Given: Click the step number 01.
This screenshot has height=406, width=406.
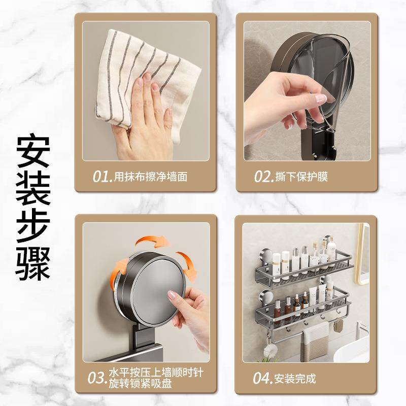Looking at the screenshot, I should pyautogui.click(x=102, y=177).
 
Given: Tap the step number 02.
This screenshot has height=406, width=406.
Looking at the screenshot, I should pyautogui.click(x=264, y=177).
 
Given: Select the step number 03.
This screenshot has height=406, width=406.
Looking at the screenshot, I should pyautogui.click(x=97, y=378).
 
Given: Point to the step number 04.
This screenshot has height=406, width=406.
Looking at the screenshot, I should pyautogui.click(x=262, y=378).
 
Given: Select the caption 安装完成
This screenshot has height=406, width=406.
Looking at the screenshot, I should pyautogui.click(x=294, y=379).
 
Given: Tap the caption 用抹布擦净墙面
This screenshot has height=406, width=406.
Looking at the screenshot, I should pyautogui.click(x=151, y=177).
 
